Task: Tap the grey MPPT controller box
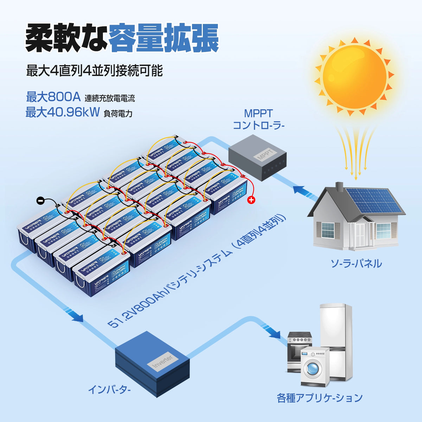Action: [x=257, y=156]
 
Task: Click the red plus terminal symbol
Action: [x=251, y=200]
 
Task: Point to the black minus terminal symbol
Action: [x=40, y=201]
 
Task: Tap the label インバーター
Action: [x=109, y=390]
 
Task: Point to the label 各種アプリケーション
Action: [x=319, y=398]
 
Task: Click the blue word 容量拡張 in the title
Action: [x=163, y=38]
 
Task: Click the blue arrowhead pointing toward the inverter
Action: [x=77, y=318]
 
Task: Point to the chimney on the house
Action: [x=339, y=187]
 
